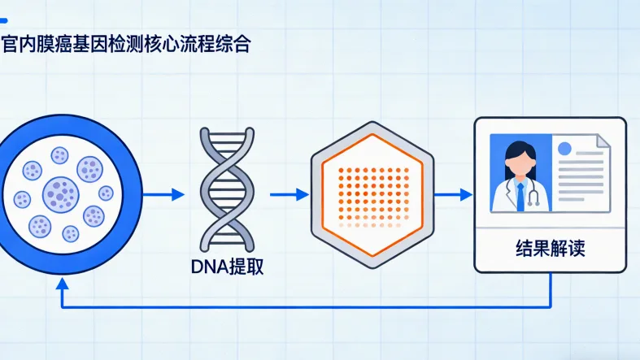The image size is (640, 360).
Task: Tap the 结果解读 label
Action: coord(551,249)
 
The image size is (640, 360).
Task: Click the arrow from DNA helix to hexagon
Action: coord(290,194)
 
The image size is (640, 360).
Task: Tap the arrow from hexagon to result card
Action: coord(454,194)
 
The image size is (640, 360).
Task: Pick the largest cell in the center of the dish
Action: coord(59,193)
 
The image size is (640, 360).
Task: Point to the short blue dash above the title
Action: coord(7,19)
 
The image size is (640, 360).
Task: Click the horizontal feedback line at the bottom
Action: coord(309,308)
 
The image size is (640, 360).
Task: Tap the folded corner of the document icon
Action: coord(603,141)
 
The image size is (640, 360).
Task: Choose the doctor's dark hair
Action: coord(517,153)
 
